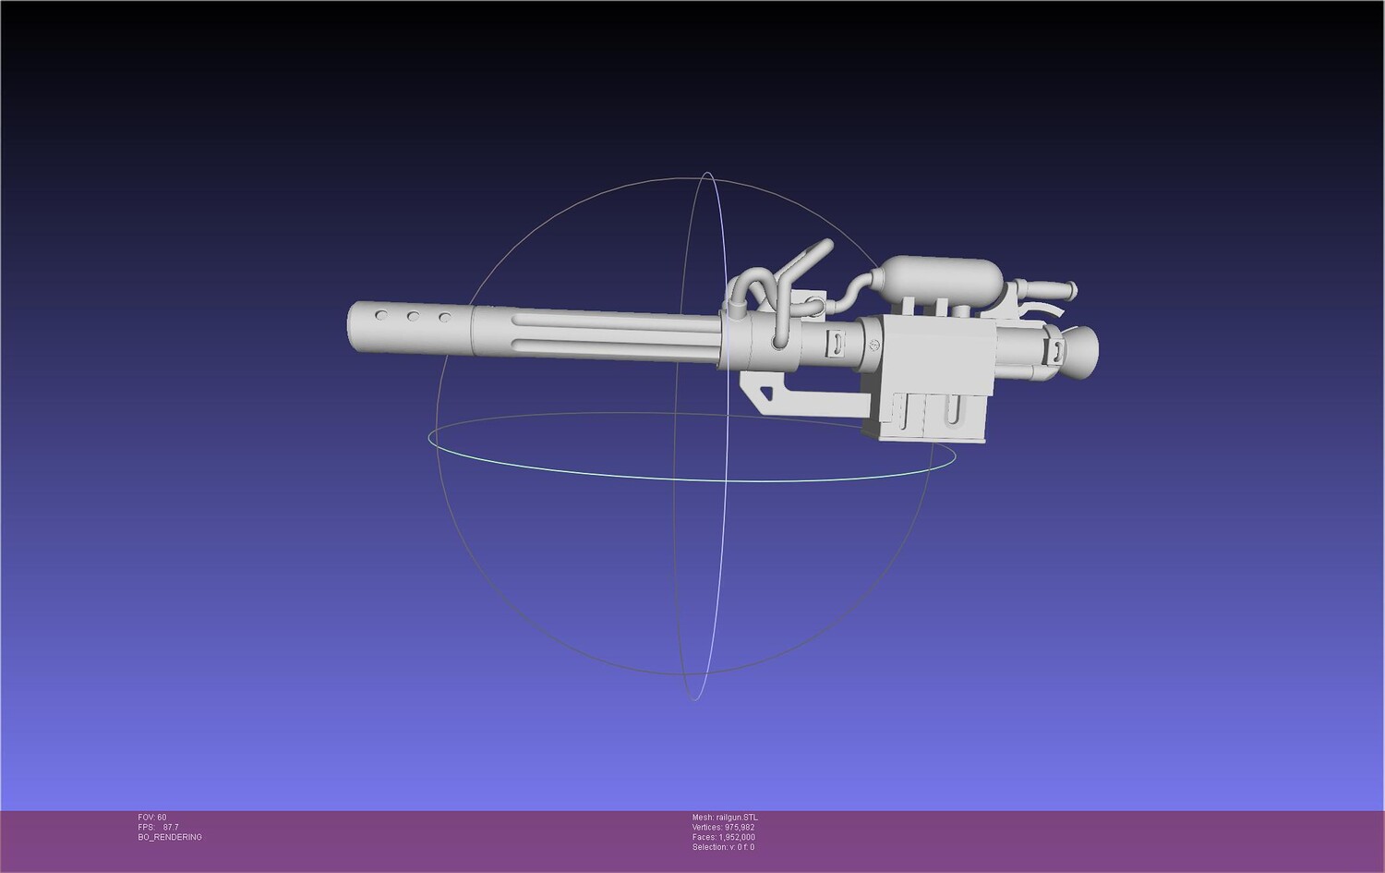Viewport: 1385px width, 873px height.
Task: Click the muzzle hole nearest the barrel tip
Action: point(381,316)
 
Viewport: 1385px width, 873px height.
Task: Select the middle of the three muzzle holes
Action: point(413,317)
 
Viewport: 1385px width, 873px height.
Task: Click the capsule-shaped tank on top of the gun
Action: point(939,276)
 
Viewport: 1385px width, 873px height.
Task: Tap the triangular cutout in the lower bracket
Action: point(766,393)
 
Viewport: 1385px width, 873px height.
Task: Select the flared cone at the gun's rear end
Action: point(1080,352)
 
